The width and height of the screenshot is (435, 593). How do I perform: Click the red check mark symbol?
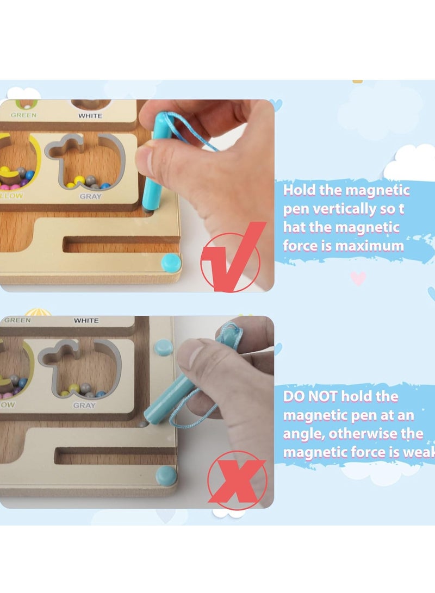231,260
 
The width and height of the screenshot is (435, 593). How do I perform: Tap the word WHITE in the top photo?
90,116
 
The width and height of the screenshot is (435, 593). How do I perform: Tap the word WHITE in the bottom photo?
86,321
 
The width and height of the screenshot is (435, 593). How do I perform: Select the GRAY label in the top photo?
90,196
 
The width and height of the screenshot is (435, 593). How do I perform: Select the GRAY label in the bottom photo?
84,405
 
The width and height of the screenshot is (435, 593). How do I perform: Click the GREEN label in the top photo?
24,115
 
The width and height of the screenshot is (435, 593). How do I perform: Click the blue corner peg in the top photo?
171,263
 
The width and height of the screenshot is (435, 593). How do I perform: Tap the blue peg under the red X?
166,476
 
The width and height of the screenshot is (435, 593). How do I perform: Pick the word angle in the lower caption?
300,434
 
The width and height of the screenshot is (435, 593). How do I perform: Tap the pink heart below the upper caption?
357,278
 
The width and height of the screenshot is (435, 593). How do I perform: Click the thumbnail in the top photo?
146,158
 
